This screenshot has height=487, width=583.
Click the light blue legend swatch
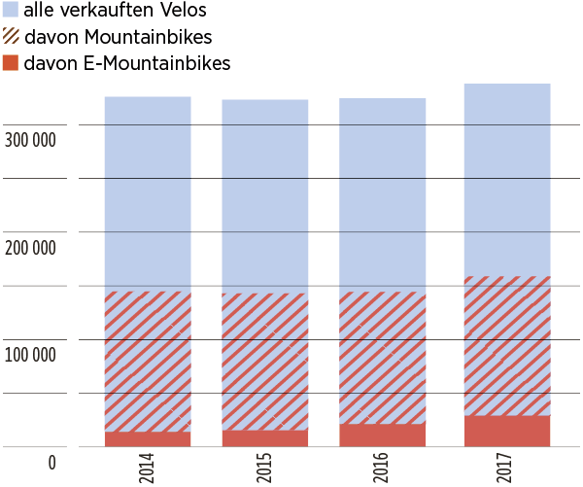coord(10,12)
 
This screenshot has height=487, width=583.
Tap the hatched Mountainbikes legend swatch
coord(10,38)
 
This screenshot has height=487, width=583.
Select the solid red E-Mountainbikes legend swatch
coord(10,63)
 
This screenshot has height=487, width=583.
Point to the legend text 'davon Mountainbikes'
coord(118,38)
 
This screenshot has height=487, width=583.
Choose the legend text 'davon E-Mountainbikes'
coord(127,64)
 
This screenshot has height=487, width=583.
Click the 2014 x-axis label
coord(148,464)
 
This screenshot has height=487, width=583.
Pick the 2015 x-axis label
coord(265,464)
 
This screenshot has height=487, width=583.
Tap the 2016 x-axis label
coord(382,464)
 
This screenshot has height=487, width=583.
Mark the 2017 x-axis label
coord(507,464)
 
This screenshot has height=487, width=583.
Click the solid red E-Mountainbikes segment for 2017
coord(507,431)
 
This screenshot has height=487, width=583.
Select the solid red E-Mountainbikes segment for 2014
coord(148,438)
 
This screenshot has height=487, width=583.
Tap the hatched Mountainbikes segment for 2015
coord(265,362)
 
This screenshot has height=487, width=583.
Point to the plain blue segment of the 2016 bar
coord(382,194)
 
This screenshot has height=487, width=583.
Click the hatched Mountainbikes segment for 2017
coord(507,346)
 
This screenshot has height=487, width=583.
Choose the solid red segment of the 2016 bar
coord(382,435)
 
